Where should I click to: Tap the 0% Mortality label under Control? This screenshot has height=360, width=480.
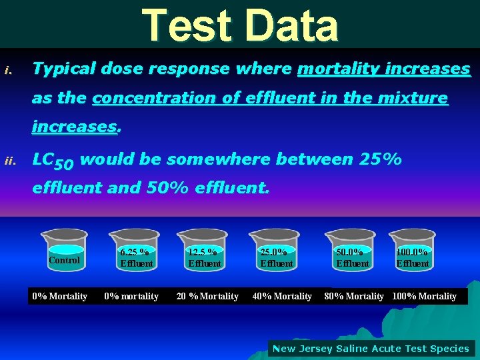60,296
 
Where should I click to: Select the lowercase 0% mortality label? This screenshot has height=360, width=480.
131,296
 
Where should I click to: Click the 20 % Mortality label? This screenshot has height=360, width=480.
207,296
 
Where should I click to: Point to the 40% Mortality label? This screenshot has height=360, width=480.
282,296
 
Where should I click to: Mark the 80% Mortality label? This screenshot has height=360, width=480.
354,296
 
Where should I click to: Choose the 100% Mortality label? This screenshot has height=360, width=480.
425,296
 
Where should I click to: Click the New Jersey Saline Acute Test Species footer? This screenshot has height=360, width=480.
371,348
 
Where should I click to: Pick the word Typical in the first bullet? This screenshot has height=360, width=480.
63,69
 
